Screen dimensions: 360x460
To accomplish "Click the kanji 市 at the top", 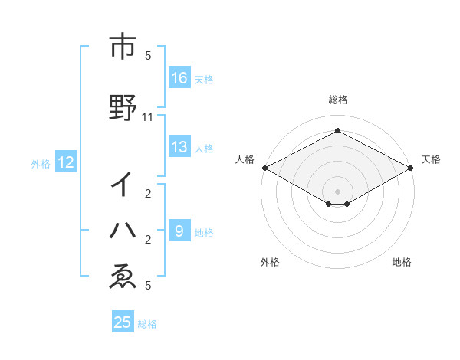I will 122,47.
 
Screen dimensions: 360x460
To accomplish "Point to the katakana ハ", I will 123,230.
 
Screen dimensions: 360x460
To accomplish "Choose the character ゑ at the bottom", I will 123,277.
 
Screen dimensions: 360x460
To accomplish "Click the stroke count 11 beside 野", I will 148,117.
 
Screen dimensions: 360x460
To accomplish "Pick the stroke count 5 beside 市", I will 148,56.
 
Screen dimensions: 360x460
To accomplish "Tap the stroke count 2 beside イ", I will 148,194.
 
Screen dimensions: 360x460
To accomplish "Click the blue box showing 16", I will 179,77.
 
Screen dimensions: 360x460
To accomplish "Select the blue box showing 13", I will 179,147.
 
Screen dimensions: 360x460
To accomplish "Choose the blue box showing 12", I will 66,162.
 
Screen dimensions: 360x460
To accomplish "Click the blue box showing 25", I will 123,322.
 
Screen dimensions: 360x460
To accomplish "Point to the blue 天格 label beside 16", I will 204,79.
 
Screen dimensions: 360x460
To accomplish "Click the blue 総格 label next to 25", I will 147,323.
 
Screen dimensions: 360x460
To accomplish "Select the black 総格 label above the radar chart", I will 337,100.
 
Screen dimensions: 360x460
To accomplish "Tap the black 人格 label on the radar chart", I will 245,159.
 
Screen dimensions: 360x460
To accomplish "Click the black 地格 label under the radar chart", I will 402,262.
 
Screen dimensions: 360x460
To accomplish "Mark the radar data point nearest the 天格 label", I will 412,168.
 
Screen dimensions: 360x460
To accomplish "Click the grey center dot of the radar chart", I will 337,191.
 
